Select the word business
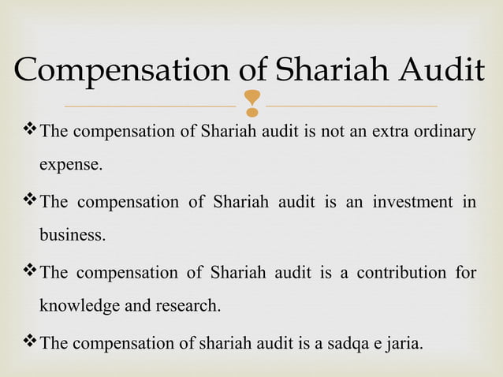click(x=73, y=236)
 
